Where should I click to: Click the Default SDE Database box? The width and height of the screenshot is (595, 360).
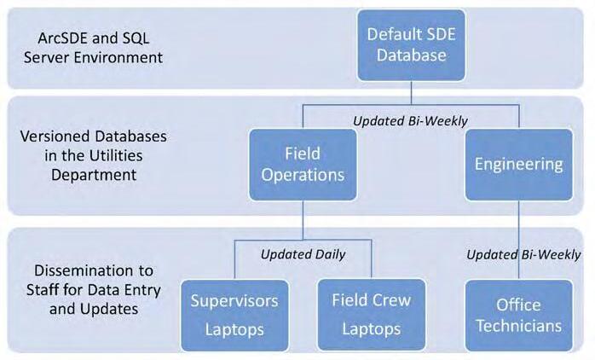pyautogui.click(x=412, y=45)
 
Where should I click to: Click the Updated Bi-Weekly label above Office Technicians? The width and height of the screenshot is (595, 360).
pyautogui.click(x=523, y=253)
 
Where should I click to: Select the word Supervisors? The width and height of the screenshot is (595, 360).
pyautogui.click(x=234, y=300)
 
